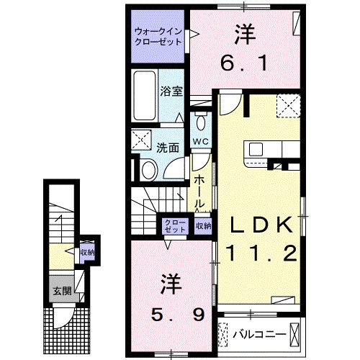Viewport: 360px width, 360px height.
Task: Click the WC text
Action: pos(199,142)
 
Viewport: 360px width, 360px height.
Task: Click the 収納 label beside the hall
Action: pos(204,225)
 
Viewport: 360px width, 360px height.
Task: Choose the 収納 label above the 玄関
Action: pos(87,252)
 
